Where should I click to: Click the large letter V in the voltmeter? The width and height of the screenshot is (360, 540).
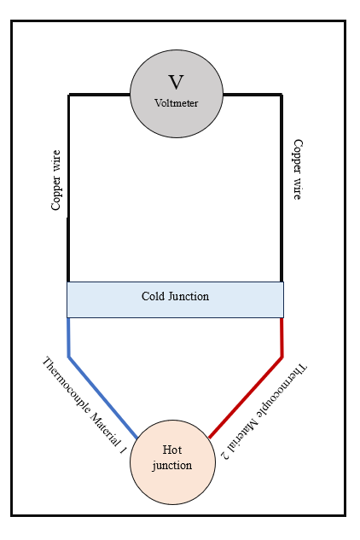click(x=176, y=82)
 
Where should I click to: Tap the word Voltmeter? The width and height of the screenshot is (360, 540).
click(x=176, y=103)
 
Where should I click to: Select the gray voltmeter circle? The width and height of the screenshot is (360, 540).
click(x=177, y=94)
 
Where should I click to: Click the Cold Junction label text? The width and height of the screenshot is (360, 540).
click(x=175, y=296)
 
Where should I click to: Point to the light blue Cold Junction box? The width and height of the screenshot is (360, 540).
click(x=176, y=299)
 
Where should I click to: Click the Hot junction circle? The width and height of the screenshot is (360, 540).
click(x=172, y=462)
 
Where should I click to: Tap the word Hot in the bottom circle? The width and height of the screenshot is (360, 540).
click(x=172, y=450)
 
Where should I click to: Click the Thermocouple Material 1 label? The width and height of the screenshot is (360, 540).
click(x=84, y=405)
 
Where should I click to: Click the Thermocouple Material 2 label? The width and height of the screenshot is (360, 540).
click(x=264, y=411)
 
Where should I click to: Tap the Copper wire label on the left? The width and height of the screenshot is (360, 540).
click(x=55, y=180)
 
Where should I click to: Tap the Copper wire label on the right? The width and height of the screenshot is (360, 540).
click(x=298, y=169)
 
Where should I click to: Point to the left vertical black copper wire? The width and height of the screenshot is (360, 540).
click(x=68, y=188)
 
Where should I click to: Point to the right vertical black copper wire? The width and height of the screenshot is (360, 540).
click(x=282, y=188)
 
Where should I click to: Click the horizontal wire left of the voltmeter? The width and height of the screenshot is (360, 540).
click(x=99, y=95)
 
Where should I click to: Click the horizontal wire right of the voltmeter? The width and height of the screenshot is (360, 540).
click(x=253, y=95)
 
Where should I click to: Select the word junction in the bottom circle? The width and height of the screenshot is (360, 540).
click(x=172, y=465)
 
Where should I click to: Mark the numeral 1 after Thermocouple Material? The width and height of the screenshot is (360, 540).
click(x=123, y=450)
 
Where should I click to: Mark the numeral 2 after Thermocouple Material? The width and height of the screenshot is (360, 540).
click(x=226, y=455)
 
